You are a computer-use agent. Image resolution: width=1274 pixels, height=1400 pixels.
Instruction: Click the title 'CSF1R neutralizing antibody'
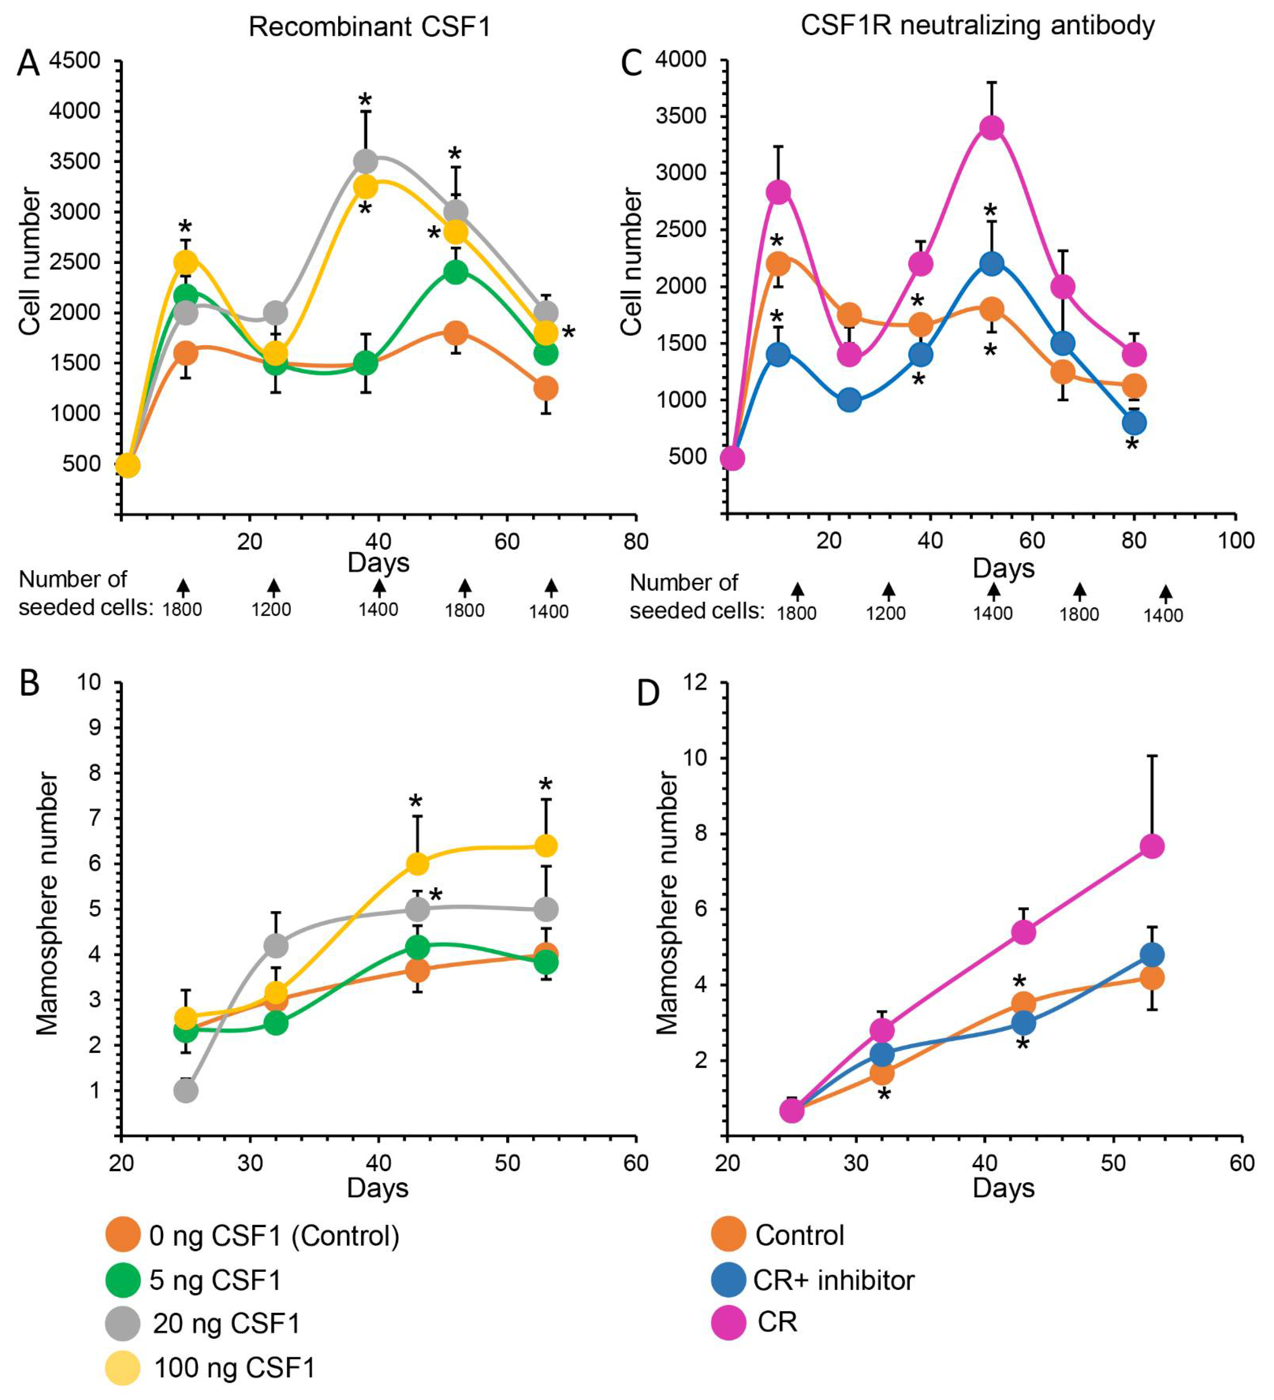[x=978, y=26]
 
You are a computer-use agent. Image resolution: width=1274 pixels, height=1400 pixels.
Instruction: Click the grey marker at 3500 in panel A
[x=365, y=161]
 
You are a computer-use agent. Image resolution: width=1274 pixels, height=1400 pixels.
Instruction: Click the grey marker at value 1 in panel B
[x=185, y=1091]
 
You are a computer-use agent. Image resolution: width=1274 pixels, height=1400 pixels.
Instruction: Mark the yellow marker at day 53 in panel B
[x=546, y=846]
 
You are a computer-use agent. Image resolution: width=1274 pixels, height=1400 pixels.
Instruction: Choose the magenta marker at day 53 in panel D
[x=1152, y=846]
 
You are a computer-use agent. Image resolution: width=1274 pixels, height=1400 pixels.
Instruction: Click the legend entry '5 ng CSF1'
[x=214, y=1280]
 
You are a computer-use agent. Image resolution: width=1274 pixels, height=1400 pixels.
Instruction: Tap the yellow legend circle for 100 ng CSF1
[x=123, y=1367]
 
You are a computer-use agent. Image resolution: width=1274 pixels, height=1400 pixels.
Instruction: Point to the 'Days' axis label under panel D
[x=1003, y=1188]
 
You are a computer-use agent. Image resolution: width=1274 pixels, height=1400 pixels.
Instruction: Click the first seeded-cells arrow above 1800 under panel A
[x=183, y=586]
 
